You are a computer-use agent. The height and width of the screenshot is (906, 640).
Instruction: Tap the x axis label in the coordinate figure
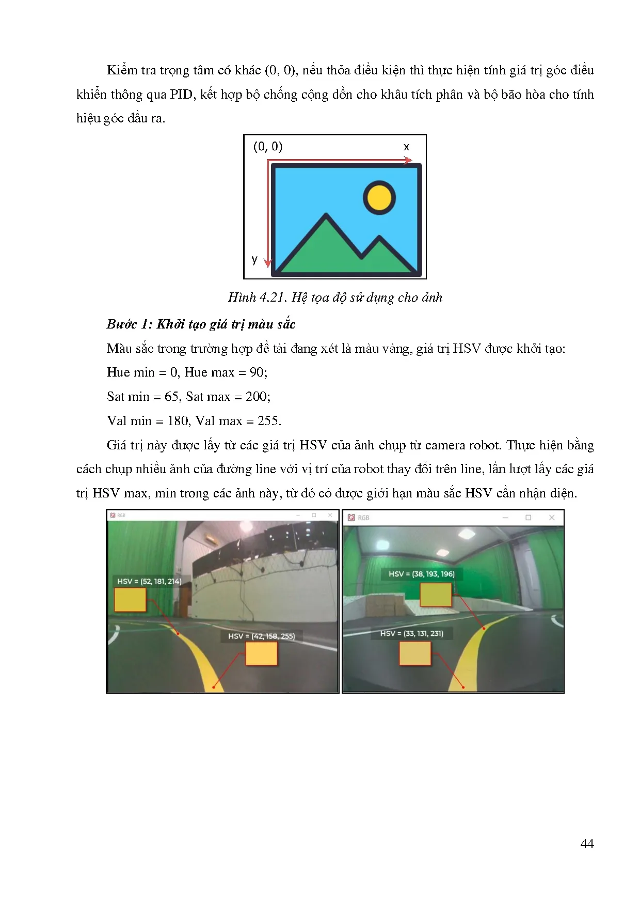[406, 147]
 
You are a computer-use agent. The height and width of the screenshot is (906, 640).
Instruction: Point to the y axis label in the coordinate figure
[254, 259]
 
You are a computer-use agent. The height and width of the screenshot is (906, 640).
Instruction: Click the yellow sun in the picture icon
[379, 197]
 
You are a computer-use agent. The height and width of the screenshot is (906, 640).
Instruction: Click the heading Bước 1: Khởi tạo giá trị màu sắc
[201, 324]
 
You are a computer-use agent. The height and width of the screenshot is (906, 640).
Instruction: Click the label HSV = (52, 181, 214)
[149, 581]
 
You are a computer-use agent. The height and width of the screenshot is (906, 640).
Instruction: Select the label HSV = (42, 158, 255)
[261, 636]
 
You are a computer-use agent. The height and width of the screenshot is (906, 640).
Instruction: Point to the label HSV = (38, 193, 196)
[421, 574]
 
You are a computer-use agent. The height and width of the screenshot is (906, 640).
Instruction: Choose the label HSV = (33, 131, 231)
[411, 633]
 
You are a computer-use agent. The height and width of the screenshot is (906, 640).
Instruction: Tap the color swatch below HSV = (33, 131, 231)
[415, 653]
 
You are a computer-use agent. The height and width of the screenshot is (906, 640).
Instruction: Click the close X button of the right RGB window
[552, 518]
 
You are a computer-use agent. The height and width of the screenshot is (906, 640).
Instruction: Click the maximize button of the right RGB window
[528, 518]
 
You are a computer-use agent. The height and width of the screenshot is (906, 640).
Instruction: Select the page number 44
[587, 843]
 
